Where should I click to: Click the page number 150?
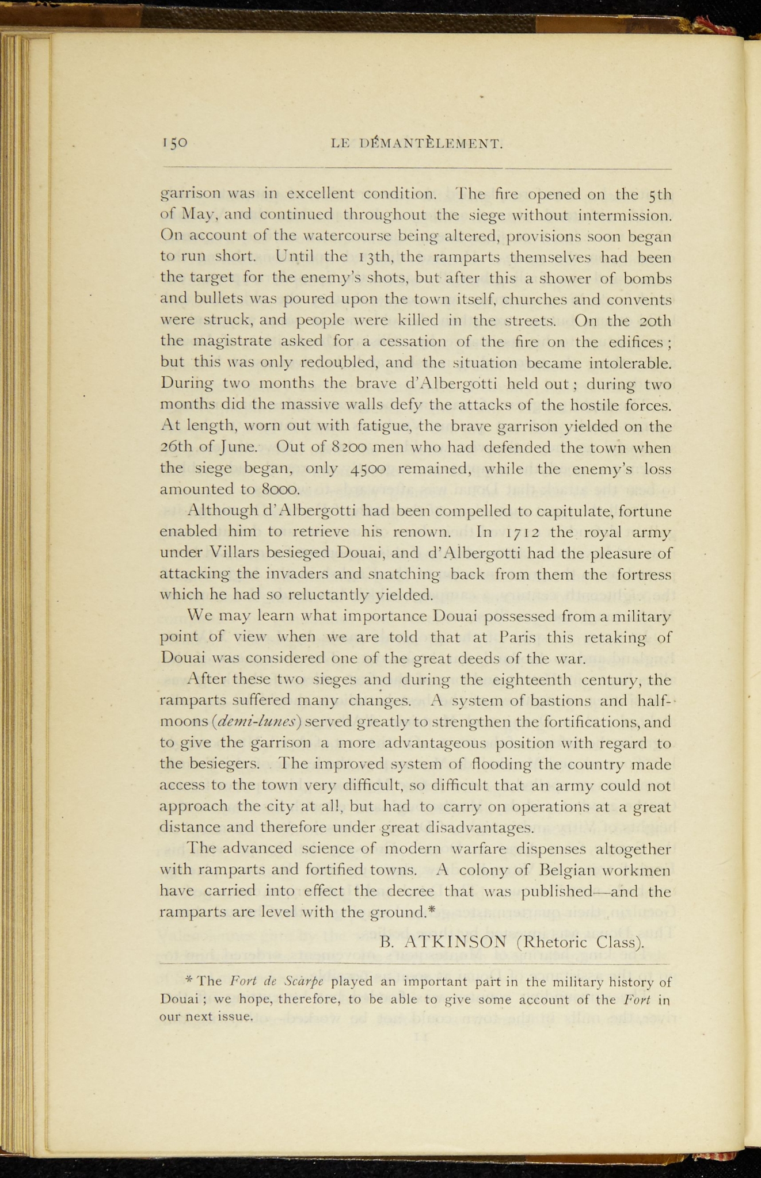(x=175, y=143)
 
